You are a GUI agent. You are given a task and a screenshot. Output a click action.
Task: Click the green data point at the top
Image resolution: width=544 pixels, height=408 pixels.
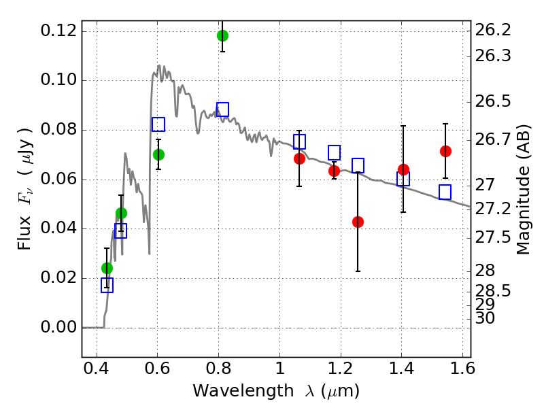tap(222, 35)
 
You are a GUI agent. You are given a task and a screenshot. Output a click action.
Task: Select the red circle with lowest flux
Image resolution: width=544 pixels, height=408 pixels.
tap(358, 222)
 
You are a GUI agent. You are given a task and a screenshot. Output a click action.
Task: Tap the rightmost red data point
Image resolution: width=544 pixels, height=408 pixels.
tap(445, 151)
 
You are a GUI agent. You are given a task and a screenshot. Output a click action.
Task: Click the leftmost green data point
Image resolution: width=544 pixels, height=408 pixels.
tap(107, 268)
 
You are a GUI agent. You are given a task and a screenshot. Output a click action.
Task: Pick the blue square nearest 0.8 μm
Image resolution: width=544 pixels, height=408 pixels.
tap(222, 109)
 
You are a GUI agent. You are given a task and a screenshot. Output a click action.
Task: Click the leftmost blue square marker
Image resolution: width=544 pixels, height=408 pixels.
tap(107, 286)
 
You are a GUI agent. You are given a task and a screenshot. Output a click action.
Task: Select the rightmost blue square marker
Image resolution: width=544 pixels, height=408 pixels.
tap(445, 192)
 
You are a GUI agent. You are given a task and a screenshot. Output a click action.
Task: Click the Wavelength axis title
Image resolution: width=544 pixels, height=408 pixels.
tap(275, 392)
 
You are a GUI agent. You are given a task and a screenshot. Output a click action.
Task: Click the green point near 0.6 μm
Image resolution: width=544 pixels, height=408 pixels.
tap(158, 154)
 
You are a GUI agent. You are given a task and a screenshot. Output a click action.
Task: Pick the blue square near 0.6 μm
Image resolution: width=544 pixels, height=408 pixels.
tap(158, 124)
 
